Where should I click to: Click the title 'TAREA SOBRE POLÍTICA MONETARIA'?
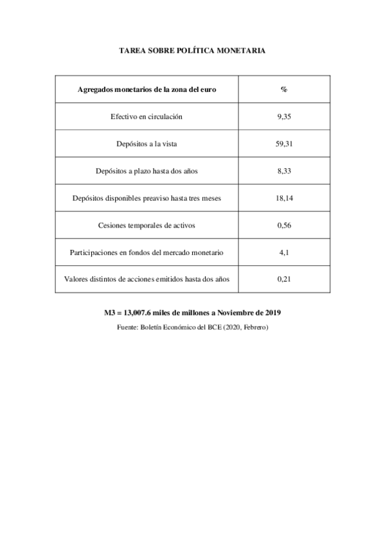[x=192, y=49]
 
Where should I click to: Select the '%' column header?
[x=283, y=89]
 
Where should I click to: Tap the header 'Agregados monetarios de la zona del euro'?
[x=147, y=89]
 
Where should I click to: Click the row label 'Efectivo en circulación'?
[x=147, y=116]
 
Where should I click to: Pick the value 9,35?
[x=283, y=116]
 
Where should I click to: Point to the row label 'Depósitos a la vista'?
[x=147, y=144]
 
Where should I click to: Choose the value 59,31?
[x=283, y=144]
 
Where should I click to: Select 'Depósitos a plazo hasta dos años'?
[x=147, y=171]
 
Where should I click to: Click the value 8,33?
[x=283, y=171]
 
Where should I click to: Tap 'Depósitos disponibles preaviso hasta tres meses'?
[x=147, y=198]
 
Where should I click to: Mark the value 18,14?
[x=283, y=198]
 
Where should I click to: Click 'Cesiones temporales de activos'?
[x=147, y=225]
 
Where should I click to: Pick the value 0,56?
[x=283, y=225]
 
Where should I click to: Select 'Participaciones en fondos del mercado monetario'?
[x=147, y=252]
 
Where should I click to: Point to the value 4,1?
[x=283, y=252]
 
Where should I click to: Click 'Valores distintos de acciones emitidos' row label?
[x=147, y=279]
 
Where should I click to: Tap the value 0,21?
[x=283, y=279]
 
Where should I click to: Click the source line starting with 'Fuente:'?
[x=192, y=327]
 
